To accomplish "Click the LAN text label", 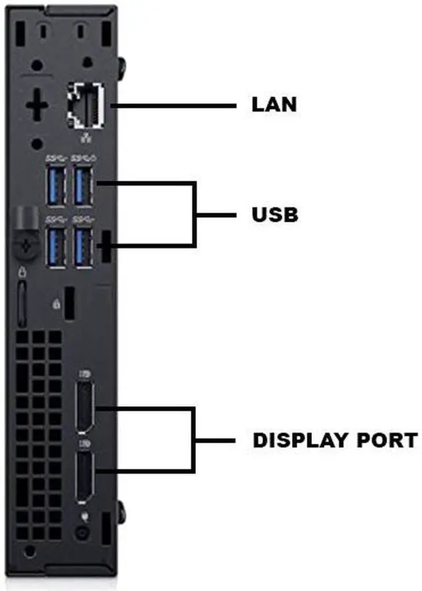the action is point(274,104).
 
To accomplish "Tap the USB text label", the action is point(275,215).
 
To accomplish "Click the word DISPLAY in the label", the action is point(295,440).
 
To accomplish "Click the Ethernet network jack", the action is point(83,106).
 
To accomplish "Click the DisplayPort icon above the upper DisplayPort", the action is point(82,374).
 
